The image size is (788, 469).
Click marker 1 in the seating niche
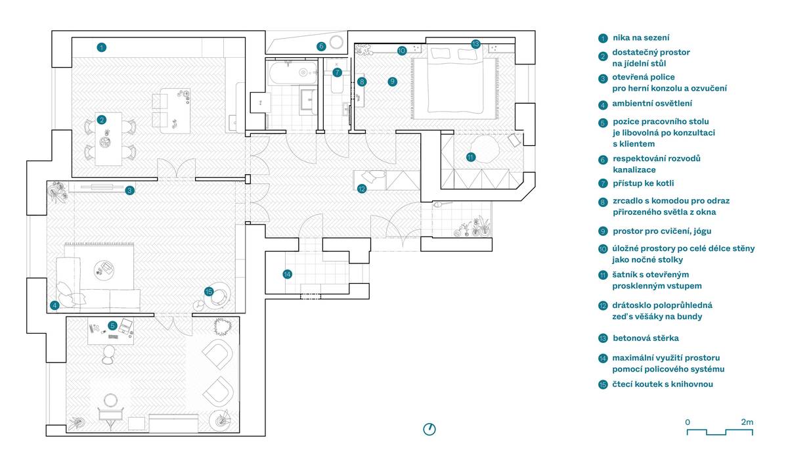pos(101,47)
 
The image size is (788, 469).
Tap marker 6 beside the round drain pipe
pos(321,46)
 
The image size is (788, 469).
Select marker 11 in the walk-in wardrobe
pos(471,157)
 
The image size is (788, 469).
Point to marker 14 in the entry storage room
pos(288,274)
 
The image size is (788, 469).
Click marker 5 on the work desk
pos(112,325)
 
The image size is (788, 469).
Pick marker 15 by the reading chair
pos(209,292)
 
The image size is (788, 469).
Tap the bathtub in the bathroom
pos(292,73)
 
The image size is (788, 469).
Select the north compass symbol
pos(429,429)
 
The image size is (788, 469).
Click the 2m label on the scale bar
pos(747,422)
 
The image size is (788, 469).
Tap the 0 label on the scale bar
pos(688,422)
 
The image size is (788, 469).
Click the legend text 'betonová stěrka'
pos(646,338)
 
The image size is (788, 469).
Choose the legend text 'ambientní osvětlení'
pos(652,103)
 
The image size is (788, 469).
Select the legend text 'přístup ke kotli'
pos(644,183)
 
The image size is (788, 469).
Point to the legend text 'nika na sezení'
pos(641,37)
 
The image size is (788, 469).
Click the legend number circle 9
pos(603,231)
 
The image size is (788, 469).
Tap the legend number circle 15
pos(603,384)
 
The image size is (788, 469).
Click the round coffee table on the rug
pos(104,270)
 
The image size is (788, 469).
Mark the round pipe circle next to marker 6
pos(336,42)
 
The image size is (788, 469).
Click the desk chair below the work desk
pos(108,354)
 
